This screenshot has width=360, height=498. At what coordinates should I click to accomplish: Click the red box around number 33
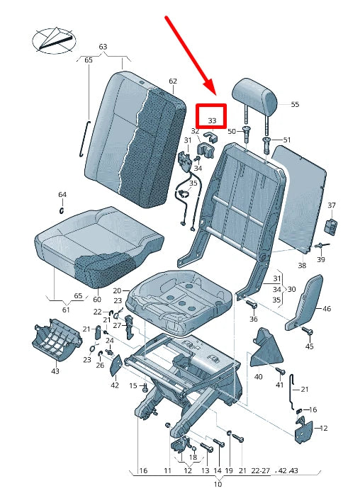[x=211, y=118]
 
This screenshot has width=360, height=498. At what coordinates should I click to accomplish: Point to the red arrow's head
[x=214, y=95]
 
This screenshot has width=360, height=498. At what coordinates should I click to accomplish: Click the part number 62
[x=173, y=81]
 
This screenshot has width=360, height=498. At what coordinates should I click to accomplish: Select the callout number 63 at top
[x=103, y=47]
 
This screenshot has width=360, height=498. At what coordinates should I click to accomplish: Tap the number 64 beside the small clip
[x=62, y=194]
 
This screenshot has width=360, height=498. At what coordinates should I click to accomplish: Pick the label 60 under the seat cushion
[x=97, y=300]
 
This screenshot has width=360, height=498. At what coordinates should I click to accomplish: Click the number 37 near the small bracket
[x=331, y=205]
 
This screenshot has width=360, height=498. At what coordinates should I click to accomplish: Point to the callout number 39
[x=321, y=260]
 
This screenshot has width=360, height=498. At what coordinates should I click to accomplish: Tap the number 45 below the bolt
[x=309, y=346]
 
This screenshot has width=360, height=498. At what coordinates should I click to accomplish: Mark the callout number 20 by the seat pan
[x=117, y=290]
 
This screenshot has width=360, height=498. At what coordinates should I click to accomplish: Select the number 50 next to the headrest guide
[x=231, y=132]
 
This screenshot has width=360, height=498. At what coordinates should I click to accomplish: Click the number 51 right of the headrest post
[x=286, y=140]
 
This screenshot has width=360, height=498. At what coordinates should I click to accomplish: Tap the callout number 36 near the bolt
[x=254, y=319]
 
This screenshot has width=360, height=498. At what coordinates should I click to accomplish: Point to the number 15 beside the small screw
[x=133, y=385]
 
